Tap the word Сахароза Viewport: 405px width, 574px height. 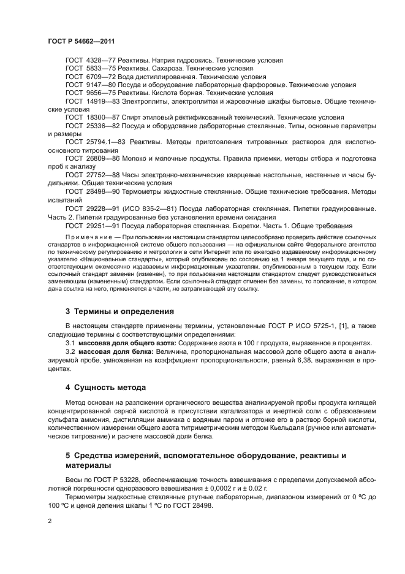click(165, 69)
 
